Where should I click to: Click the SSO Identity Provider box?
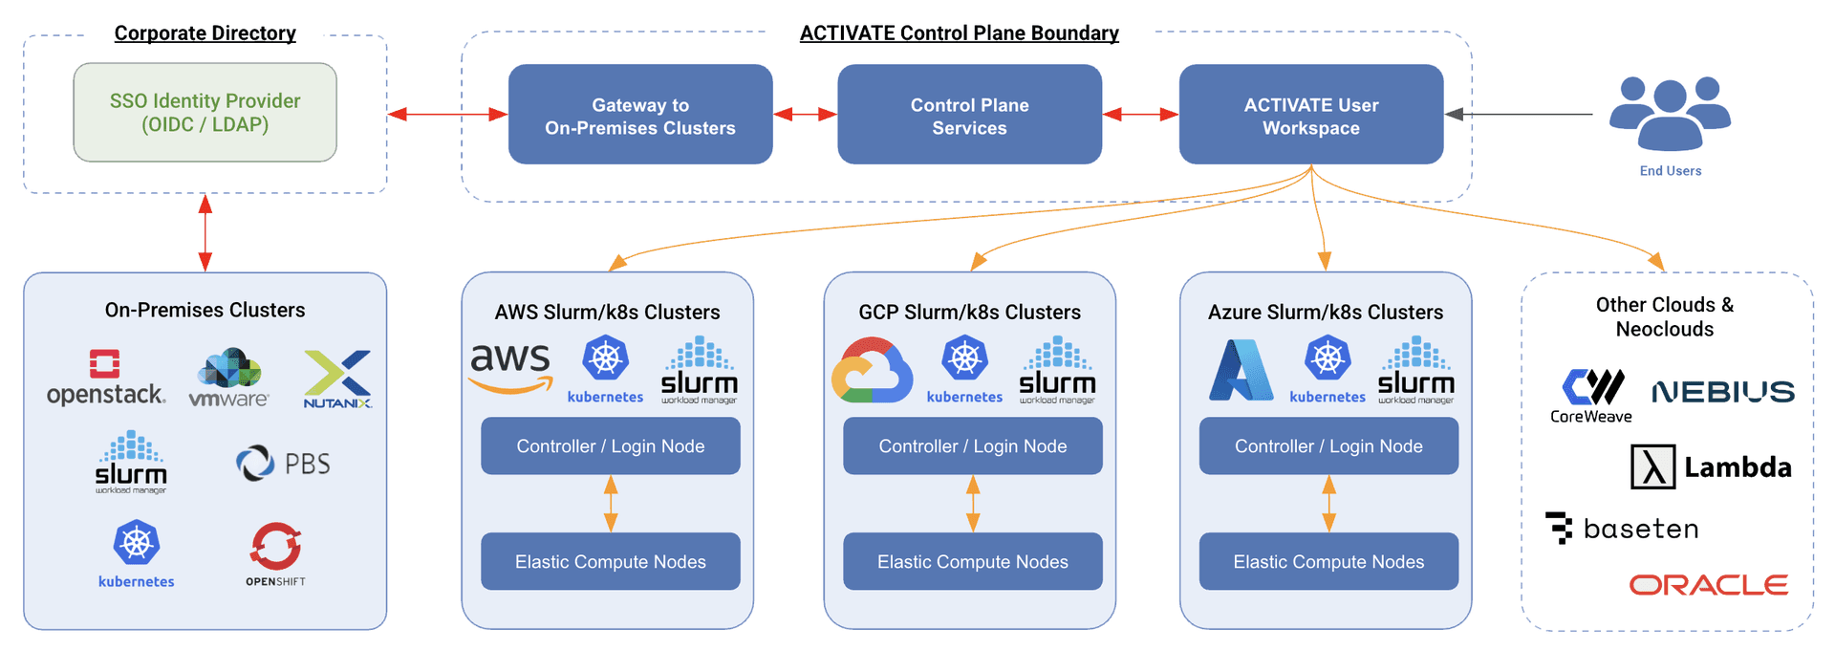205,113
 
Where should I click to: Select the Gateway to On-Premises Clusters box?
639,115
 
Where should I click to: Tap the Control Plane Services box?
969,115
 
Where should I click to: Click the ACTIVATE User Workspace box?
1310,115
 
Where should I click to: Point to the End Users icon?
1670,115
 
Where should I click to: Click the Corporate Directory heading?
205,33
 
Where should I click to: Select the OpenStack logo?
105,378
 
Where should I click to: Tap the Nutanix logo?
337,379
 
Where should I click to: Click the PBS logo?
283,464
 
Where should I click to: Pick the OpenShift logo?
276,553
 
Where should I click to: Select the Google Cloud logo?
871,371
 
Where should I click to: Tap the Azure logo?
1241,371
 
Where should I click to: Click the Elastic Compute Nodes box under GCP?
972,561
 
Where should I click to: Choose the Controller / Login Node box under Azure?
1328,445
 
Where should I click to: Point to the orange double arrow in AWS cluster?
611,504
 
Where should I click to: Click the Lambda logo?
1710,467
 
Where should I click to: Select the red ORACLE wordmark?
1708,585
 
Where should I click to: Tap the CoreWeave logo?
1592,395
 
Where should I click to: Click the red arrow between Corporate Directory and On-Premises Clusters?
205,232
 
